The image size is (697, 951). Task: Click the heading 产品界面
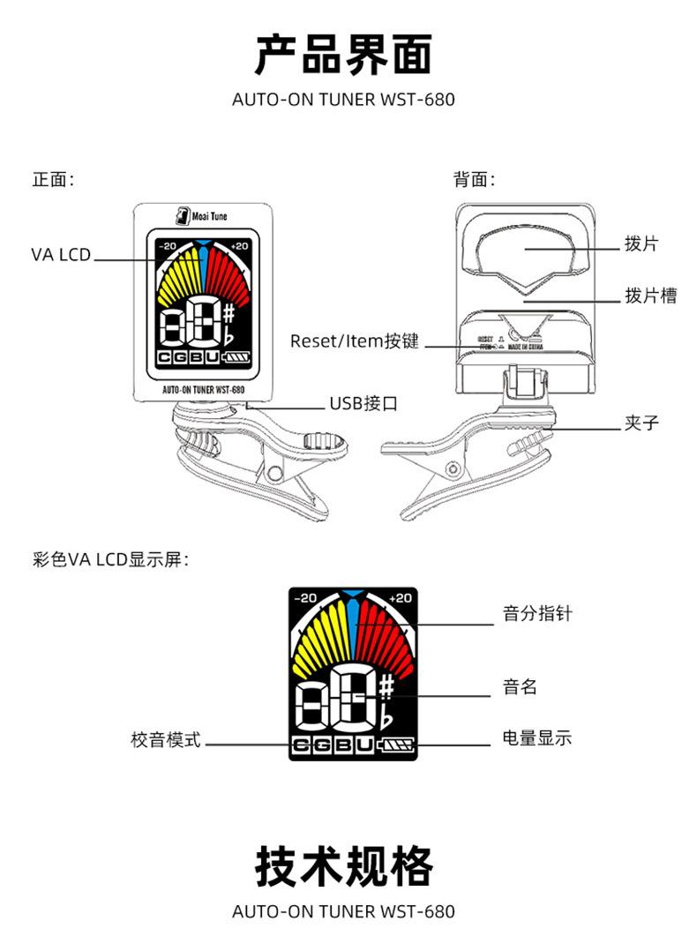tap(344, 55)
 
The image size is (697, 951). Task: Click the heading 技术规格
tap(344, 866)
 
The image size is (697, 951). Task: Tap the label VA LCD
tap(61, 255)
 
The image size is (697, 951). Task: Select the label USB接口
tap(363, 404)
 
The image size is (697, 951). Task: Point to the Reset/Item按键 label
tap(356, 341)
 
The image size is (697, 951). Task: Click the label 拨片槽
tap(650, 296)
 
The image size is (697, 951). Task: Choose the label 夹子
tap(641, 423)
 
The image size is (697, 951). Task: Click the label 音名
tap(520, 686)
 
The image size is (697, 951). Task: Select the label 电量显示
tap(536, 738)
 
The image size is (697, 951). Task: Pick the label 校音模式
tap(166, 740)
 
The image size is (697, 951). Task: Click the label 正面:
tap(53, 180)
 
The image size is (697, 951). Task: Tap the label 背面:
tap(475, 180)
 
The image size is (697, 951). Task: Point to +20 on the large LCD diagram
tap(400, 598)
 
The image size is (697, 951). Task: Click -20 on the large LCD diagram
tap(304, 598)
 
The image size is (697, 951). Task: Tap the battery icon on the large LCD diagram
tap(396, 746)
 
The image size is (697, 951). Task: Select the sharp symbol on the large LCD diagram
tap(388, 687)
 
